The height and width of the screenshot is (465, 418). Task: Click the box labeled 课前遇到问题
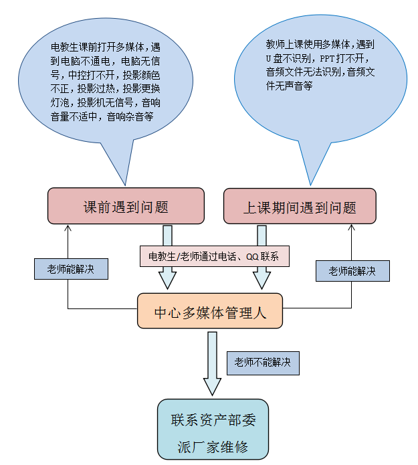click(125, 206)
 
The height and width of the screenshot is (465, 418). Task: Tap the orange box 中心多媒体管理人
click(210, 312)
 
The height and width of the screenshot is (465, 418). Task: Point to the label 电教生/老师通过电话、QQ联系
click(214, 256)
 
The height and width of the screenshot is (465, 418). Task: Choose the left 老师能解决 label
click(71, 268)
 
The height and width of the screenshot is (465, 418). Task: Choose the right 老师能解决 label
click(352, 271)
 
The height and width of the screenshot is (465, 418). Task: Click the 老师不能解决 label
click(262, 362)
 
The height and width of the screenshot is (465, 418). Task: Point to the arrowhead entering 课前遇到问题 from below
click(68, 228)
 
